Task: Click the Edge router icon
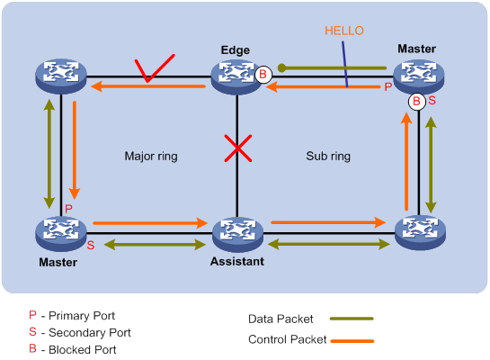pos(236,76)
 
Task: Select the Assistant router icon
pos(237,234)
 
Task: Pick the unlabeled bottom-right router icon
pos(420,234)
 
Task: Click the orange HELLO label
pos(343,31)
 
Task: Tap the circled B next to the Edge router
pos(263,74)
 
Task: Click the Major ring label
pos(150,156)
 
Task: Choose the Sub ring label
pos(328,156)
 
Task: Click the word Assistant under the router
pos(237,262)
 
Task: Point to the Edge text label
pos(236,50)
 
